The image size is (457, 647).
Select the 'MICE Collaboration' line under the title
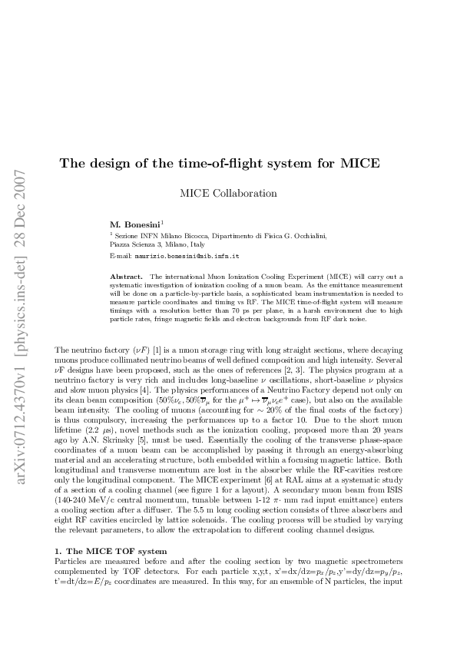point(228,194)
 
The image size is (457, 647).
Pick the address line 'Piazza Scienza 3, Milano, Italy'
point(156,244)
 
